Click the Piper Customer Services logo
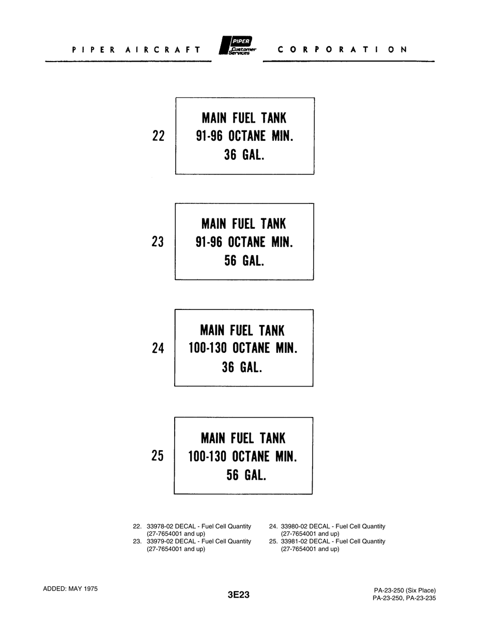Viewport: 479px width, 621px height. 237,45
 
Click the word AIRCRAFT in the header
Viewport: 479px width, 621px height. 163,50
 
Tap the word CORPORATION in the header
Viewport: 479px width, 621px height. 343,50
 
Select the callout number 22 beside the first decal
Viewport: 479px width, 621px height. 158,136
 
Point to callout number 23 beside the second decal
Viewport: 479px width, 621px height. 158,242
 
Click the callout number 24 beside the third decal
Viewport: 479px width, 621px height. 158,348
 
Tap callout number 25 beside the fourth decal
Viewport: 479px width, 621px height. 158,455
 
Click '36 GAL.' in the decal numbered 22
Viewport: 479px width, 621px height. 244,155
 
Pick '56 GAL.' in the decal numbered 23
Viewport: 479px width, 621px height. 244,261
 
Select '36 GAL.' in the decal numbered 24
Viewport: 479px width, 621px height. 242,367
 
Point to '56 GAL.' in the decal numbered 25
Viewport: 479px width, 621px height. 246,475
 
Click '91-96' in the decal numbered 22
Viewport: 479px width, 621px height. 209,136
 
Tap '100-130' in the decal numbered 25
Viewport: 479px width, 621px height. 207,456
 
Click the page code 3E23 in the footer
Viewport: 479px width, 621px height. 239,595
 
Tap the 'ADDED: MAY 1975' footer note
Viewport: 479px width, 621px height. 70,589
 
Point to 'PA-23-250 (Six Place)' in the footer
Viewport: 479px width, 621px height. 405,590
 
